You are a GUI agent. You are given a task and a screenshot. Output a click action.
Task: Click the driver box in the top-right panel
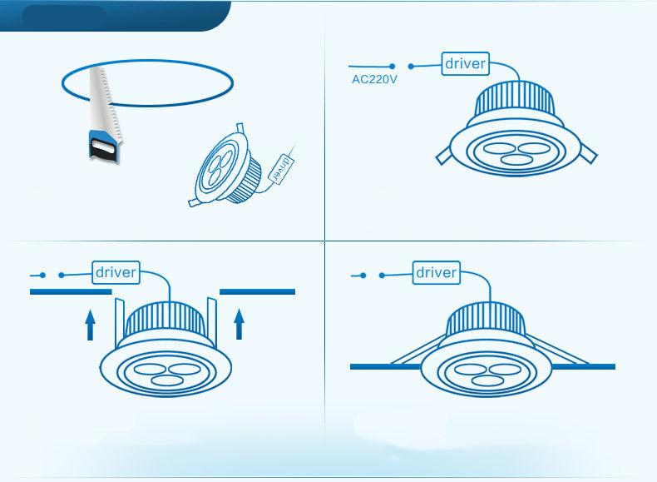point(465,63)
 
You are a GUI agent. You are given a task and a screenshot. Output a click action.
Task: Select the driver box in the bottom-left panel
point(116,271)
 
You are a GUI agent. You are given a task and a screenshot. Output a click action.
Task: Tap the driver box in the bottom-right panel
point(436,272)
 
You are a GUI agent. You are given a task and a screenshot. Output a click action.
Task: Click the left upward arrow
point(91,324)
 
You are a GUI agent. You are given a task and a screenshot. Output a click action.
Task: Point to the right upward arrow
point(240,324)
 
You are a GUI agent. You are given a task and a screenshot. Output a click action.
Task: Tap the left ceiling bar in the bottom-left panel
point(71,292)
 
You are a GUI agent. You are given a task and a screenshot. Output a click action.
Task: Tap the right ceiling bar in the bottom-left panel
point(258,292)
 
